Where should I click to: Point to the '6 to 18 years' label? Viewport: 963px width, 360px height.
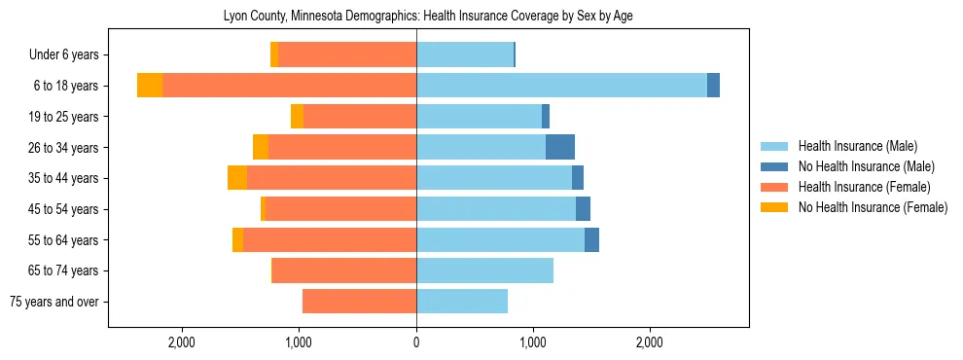(x=66, y=86)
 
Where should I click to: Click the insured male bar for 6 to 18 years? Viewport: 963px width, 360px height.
(x=561, y=86)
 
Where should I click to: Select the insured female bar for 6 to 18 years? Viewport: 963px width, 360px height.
(x=289, y=86)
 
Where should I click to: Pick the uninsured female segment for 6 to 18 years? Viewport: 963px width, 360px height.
(x=150, y=86)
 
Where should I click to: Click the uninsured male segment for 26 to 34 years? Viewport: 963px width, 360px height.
(x=560, y=147)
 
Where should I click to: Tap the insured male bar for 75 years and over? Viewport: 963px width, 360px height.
(x=462, y=302)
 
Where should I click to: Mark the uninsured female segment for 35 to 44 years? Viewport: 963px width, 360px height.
(x=237, y=178)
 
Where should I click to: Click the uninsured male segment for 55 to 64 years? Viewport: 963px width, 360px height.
(x=591, y=239)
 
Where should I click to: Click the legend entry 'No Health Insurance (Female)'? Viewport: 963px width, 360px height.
(x=873, y=207)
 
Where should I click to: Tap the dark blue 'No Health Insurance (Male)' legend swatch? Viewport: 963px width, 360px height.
(x=774, y=166)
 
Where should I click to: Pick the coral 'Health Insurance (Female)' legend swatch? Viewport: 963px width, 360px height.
(x=774, y=187)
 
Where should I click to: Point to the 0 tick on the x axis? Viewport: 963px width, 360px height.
(x=416, y=342)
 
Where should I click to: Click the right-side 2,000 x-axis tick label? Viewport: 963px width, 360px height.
(x=650, y=342)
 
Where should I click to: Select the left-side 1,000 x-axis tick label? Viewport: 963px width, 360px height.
(x=299, y=342)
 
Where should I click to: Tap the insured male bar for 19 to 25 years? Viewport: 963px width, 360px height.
(x=479, y=117)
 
